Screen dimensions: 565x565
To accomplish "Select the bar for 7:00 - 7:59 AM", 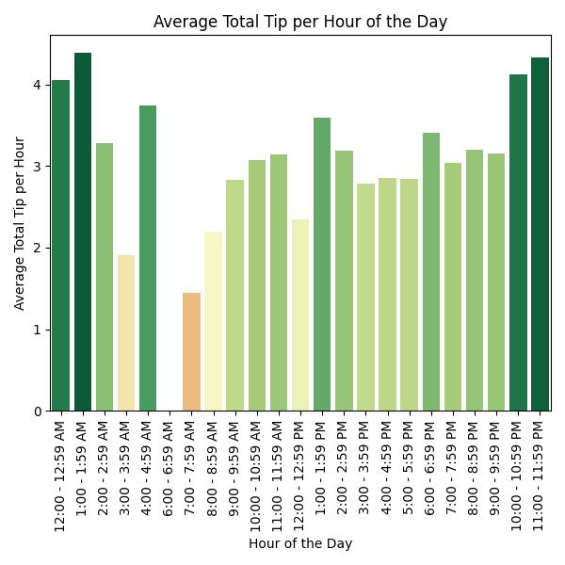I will point(191,352).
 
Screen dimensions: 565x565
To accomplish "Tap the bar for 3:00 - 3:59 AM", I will point(126,333).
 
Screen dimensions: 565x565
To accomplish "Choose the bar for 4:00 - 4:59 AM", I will point(148,258).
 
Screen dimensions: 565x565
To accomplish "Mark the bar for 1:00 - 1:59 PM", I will point(322,265).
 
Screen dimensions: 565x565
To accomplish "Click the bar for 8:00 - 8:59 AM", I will point(213,321).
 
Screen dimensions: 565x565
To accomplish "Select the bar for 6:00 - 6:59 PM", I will point(431,272).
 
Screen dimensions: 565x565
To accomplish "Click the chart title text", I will point(300,22).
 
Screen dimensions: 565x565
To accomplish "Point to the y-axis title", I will point(20,223).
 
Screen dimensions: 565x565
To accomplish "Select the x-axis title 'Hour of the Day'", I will point(300,543).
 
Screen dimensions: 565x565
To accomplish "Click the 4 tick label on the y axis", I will point(38,85).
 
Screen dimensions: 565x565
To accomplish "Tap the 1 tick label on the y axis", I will point(38,330).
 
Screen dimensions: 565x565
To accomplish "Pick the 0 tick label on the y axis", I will point(38,412).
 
